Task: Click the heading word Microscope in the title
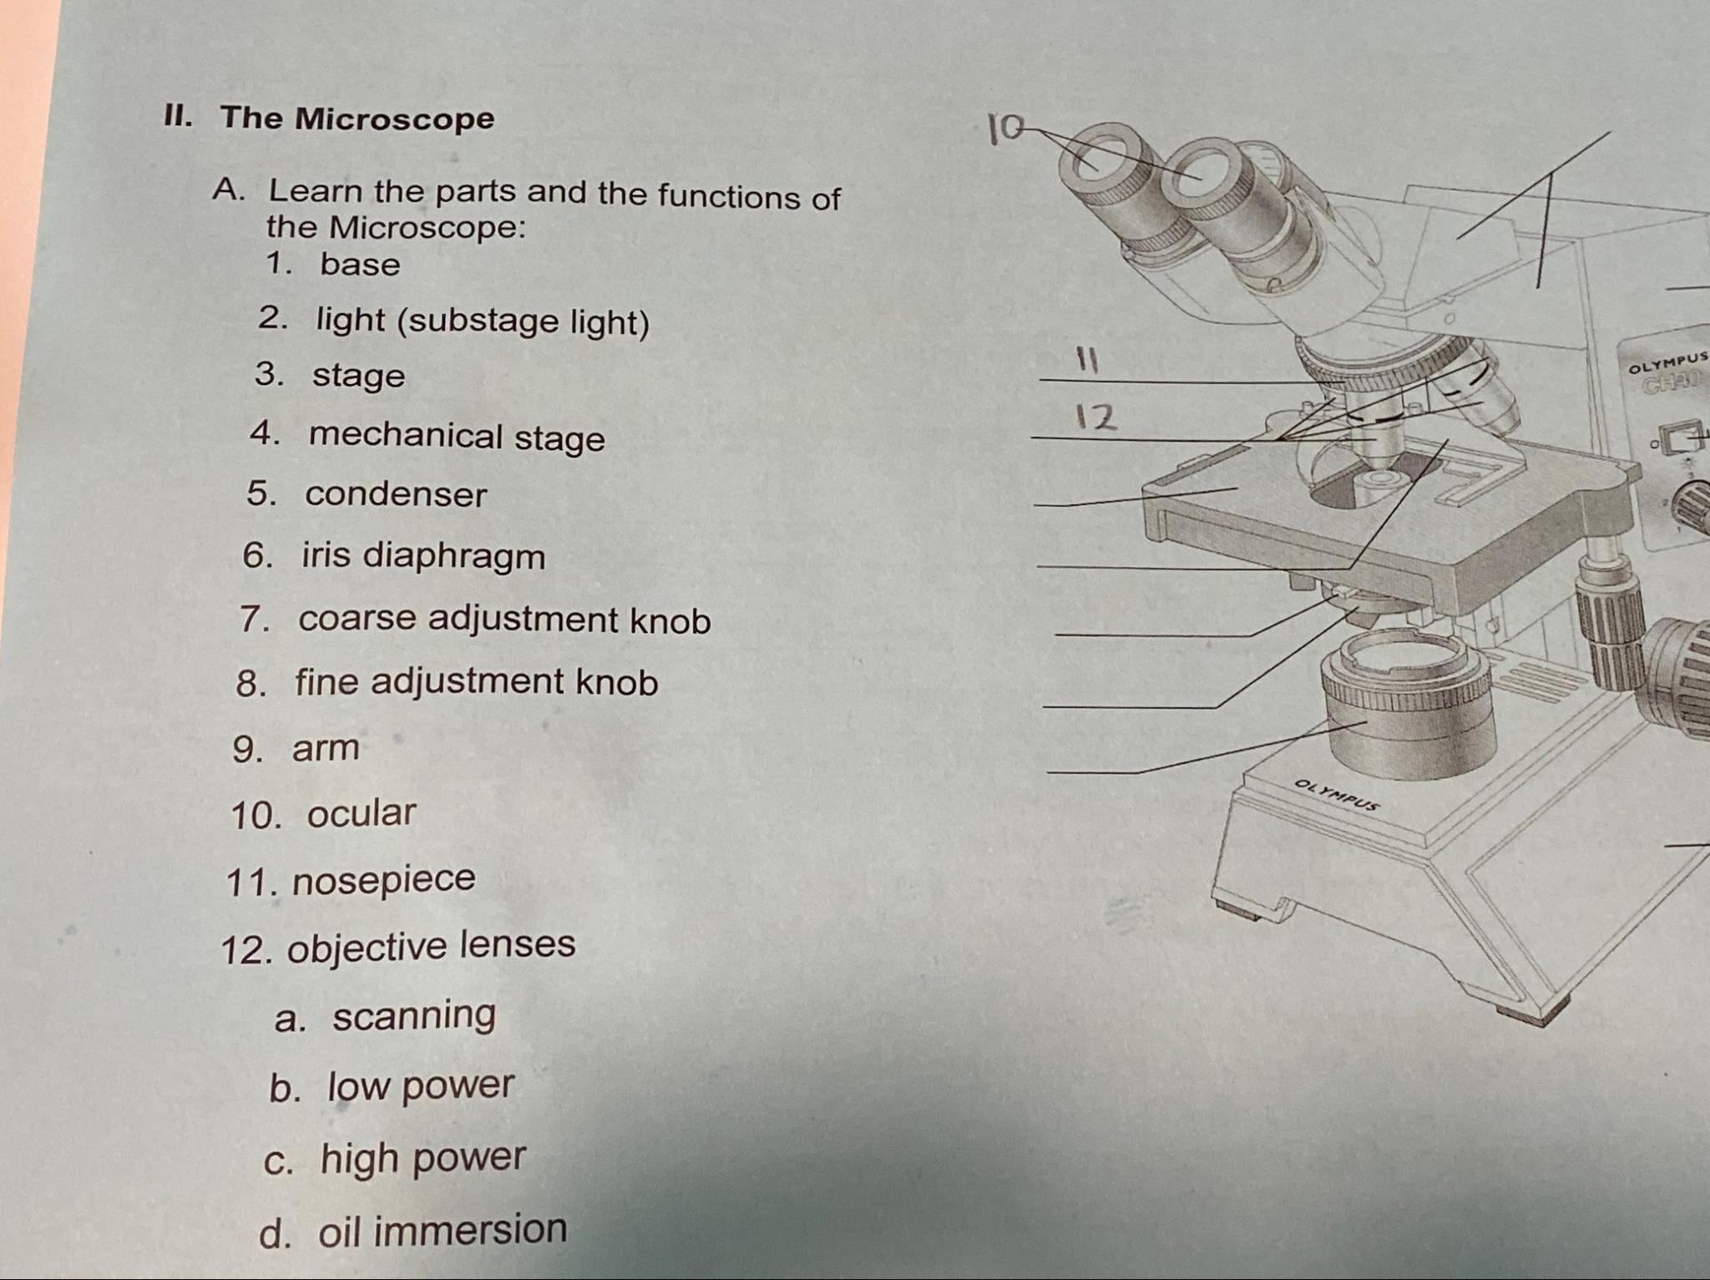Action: (394, 119)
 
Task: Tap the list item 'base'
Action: (360, 265)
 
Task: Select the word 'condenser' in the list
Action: (396, 494)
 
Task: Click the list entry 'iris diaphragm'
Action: (423, 556)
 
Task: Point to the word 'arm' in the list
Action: (326, 748)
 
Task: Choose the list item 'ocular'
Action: (361, 813)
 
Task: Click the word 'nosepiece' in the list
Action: (383, 879)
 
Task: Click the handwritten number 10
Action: (1004, 129)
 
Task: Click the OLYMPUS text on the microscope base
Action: (1336, 795)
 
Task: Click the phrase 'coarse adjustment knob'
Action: (504, 620)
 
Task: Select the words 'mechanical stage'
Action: (457, 437)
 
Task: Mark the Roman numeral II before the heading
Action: (178, 117)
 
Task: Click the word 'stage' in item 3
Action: (358, 376)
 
